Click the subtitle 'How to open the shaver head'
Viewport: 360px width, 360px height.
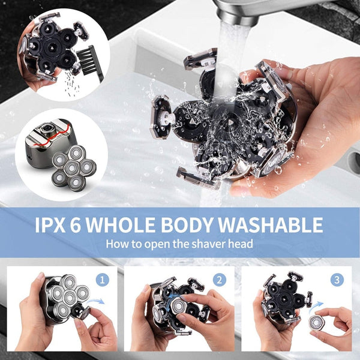(x=179, y=244)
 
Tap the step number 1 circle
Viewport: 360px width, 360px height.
(x=103, y=279)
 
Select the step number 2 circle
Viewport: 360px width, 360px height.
(x=220, y=279)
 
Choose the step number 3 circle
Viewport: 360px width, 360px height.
(x=338, y=279)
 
